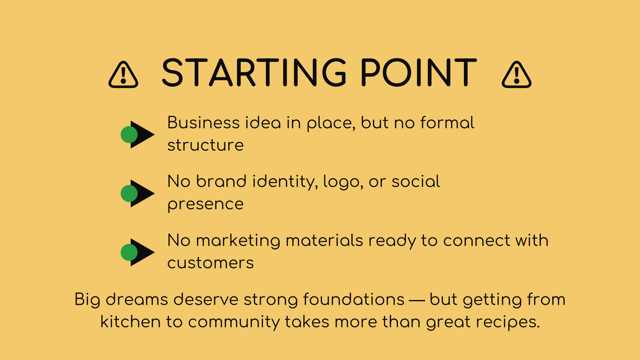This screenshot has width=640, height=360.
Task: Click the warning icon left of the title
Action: pyautogui.click(x=123, y=75)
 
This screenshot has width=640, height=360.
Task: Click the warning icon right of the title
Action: pyautogui.click(x=516, y=75)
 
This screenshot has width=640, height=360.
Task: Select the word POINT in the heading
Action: pyautogui.click(x=418, y=72)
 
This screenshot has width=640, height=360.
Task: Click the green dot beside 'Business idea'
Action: pyautogui.click(x=129, y=134)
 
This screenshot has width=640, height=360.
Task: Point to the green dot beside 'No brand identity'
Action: pyautogui.click(x=129, y=194)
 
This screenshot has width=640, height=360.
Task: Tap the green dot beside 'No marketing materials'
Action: pyautogui.click(x=129, y=252)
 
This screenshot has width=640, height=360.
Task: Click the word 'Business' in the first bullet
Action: pyautogui.click(x=204, y=123)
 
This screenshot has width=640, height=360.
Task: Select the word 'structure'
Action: pyautogui.click(x=206, y=145)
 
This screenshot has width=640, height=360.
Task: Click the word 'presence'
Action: pyautogui.click(x=206, y=204)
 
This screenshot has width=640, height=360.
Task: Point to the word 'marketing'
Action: pyautogui.click(x=238, y=240)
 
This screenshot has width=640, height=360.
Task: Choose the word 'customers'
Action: pyautogui.click(x=210, y=263)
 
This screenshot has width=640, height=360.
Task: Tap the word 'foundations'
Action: pyautogui.click(x=354, y=300)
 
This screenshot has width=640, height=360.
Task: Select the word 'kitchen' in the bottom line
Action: pyautogui.click(x=130, y=322)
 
